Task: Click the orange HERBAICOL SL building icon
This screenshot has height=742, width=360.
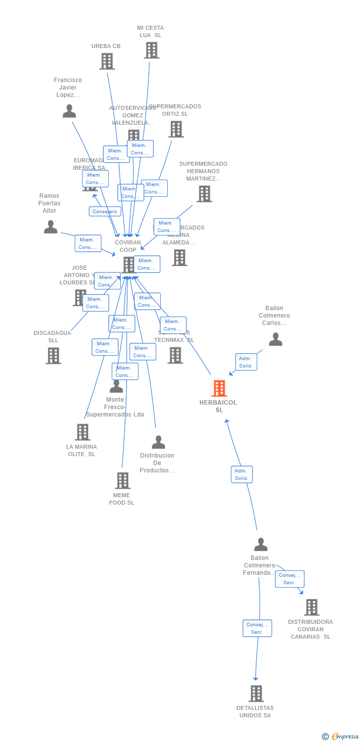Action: click(219, 388)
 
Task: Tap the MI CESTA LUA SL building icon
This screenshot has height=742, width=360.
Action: click(151, 50)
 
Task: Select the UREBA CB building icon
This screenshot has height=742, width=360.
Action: click(107, 61)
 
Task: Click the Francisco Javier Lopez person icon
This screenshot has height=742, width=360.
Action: click(69, 111)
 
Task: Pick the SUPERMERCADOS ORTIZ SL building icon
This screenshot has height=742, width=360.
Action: click(176, 129)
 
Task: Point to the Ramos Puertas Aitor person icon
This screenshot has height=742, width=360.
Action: click(50, 227)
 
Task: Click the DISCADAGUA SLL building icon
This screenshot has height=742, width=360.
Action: click(53, 355)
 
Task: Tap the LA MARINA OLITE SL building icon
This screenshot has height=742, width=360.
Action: click(83, 432)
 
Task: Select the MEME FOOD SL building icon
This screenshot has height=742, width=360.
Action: click(122, 480)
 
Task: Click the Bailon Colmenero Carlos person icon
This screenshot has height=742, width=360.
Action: click(275, 339)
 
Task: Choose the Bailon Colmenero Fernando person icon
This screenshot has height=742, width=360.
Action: click(261, 545)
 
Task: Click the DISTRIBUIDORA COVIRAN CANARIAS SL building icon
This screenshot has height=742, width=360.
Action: click(312, 607)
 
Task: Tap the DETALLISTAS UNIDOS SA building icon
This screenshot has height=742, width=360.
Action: click(256, 694)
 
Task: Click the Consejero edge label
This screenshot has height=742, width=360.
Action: click(105, 211)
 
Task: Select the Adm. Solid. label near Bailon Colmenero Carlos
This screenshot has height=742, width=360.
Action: click(246, 362)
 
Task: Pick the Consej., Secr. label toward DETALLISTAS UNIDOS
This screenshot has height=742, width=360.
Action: click(257, 628)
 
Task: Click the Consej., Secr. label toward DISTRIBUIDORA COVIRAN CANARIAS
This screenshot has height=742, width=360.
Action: click(289, 579)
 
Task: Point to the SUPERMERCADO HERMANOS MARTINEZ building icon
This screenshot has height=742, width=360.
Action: click(204, 194)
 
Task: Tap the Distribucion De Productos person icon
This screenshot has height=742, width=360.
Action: click(158, 442)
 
